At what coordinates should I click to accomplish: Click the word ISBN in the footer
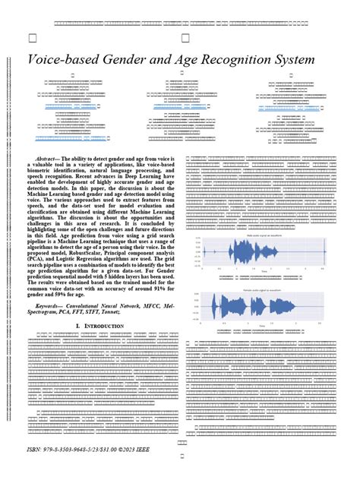coord(35,450)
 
